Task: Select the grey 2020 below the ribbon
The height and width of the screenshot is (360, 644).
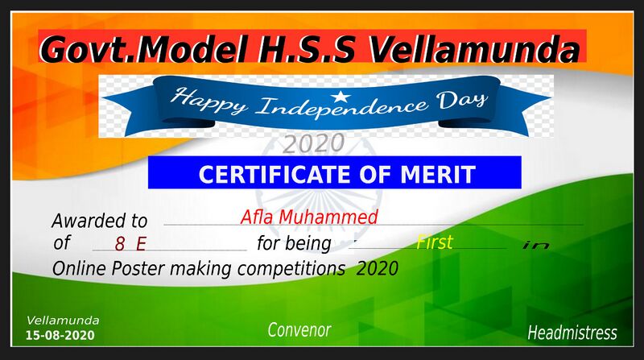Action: (313, 143)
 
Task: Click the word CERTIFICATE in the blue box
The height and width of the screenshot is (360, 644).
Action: (275, 174)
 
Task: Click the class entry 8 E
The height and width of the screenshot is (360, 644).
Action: (130, 242)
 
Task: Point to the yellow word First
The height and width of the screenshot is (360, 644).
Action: (435, 242)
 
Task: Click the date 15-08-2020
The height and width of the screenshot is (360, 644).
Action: (60, 334)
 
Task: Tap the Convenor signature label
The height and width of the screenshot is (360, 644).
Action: (299, 330)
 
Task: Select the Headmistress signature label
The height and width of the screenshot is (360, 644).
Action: (572, 333)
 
